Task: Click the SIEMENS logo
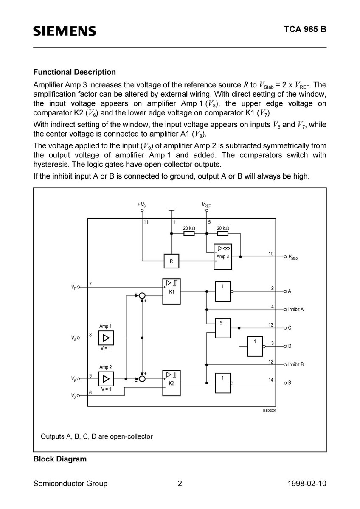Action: (x=65, y=31)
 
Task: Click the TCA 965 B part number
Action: (x=305, y=31)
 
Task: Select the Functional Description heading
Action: (x=74, y=72)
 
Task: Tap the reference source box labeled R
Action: (x=171, y=261)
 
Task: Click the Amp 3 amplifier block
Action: (x=222, y=257)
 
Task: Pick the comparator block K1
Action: (x=172, y=291)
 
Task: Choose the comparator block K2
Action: (x=172, y=383)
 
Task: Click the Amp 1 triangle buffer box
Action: (x=106, y=338)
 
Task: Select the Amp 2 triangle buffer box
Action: (x=106, y=378)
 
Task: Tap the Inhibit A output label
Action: (x=295, y=310)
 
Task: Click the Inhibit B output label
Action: (x=295, y=364)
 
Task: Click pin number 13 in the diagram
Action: (x=270, y=325)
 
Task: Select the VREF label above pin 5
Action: (x=206, y=205)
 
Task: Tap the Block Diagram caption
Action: (x=60, y=459)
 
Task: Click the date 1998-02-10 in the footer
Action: (x=307, y=484)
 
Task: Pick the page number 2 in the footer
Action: (x=180, y=484)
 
